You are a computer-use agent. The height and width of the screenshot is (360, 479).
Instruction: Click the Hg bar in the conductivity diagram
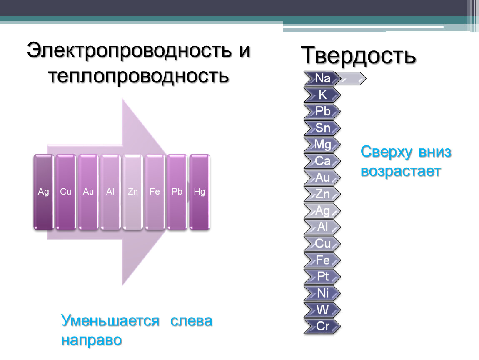(x=200, y=192)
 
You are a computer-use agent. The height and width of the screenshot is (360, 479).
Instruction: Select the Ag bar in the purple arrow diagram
(x=43, y=192)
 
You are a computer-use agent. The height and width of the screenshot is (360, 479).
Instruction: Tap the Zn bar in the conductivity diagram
(x=132, y=192)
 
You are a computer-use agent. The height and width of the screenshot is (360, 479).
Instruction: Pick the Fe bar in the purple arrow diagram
(x=155, y=192)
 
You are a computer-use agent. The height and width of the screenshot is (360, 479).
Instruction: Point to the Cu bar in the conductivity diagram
(x=66, y=192)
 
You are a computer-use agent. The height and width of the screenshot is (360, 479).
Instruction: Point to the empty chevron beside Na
(x=350, y=78)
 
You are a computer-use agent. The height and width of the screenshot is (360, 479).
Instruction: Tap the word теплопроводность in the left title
(x=138, y=76)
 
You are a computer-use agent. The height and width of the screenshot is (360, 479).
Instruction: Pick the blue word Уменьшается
(x=110, y=321)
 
